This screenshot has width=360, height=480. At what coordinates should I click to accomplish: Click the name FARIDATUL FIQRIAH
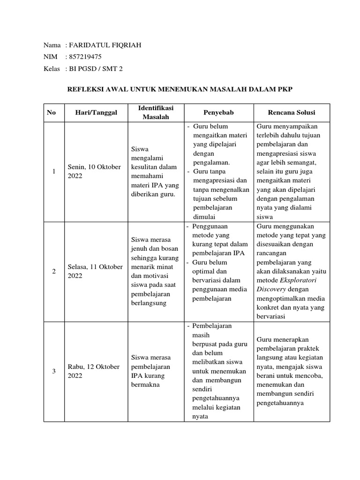[105, 45]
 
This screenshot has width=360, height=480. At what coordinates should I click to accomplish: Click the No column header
[51, 112]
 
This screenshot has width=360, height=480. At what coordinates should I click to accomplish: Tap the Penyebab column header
[218, 112]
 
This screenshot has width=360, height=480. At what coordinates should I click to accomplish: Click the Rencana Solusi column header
[291, 112]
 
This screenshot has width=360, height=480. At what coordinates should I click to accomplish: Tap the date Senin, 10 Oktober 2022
[94, 172]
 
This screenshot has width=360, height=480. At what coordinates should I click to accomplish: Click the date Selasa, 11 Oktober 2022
[96, 271]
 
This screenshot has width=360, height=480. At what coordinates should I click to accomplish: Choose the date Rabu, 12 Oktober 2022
[94, 371]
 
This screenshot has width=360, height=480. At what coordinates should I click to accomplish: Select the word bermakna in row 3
[145, 385]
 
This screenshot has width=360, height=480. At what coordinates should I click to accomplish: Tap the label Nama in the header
[52, 45]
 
